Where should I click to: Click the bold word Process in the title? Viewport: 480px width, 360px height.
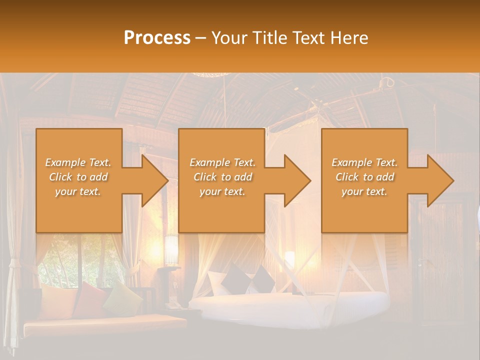click(x=157, y=38)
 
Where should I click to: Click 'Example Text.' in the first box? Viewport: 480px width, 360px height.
click(x=78, y=162)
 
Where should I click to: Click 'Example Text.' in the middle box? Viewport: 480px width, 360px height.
click(x=222, y=162)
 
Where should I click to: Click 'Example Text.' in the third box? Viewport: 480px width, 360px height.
click(x=364, y=162)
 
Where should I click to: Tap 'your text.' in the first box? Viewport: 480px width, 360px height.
click(x=78, y=191)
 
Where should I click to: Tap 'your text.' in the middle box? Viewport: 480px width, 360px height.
click(x=222, y=191)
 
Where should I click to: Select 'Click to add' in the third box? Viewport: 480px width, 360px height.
click(x=364, y=177)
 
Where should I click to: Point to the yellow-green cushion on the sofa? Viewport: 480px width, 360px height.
click(x=123, y=298)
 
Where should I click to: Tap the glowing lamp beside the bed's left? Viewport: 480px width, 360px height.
click(x=289, y=259)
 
